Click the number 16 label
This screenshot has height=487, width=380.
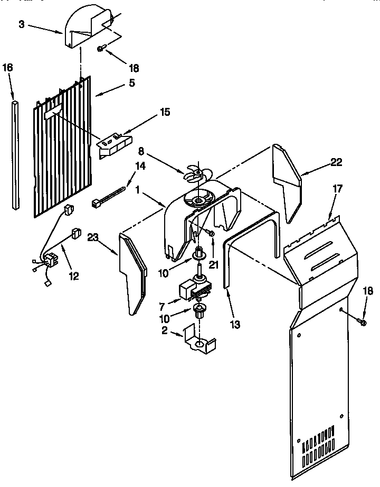click(8, 67)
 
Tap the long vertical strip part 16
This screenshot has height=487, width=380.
click(15, 153)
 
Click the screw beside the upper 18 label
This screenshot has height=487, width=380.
click(101, 49)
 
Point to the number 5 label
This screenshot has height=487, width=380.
click(131, 82)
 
